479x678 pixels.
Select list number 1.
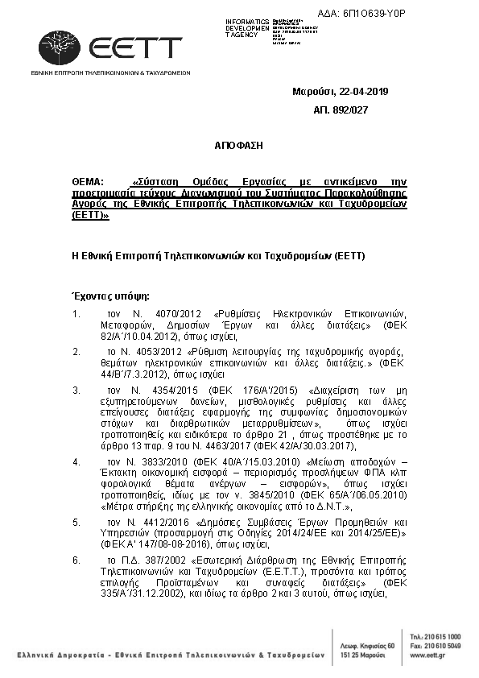pos(76,313)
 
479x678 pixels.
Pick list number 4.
pos(76,462)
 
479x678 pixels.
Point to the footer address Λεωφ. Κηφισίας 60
pos(369,646)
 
